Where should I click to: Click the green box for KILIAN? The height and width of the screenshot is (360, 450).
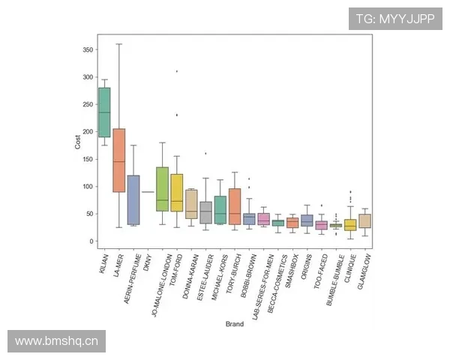click(x=104, y=112)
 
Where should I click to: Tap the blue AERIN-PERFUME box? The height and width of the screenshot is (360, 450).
click(x=133, y=199)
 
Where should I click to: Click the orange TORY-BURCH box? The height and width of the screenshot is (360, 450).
click(x=234, y=206)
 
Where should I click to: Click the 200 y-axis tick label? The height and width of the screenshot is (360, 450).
click(x=87, y=132)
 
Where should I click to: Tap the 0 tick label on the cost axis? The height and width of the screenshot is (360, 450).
click(x=91, y=241)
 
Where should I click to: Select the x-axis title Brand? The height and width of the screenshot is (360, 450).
click(x=235, y=324)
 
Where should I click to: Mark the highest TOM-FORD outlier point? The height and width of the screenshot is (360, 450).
click(x=177, y=71)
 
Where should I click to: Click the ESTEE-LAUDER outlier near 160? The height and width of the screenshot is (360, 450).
click(x=205, y=153)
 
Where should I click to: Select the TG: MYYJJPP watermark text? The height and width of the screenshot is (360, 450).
click(x=394, y=19)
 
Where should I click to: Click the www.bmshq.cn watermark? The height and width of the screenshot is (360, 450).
click(x=57, y=342)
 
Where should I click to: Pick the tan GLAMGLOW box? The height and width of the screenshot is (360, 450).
click(x=364, y=220)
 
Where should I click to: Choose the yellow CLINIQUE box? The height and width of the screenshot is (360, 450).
click(x=349, y=225)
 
